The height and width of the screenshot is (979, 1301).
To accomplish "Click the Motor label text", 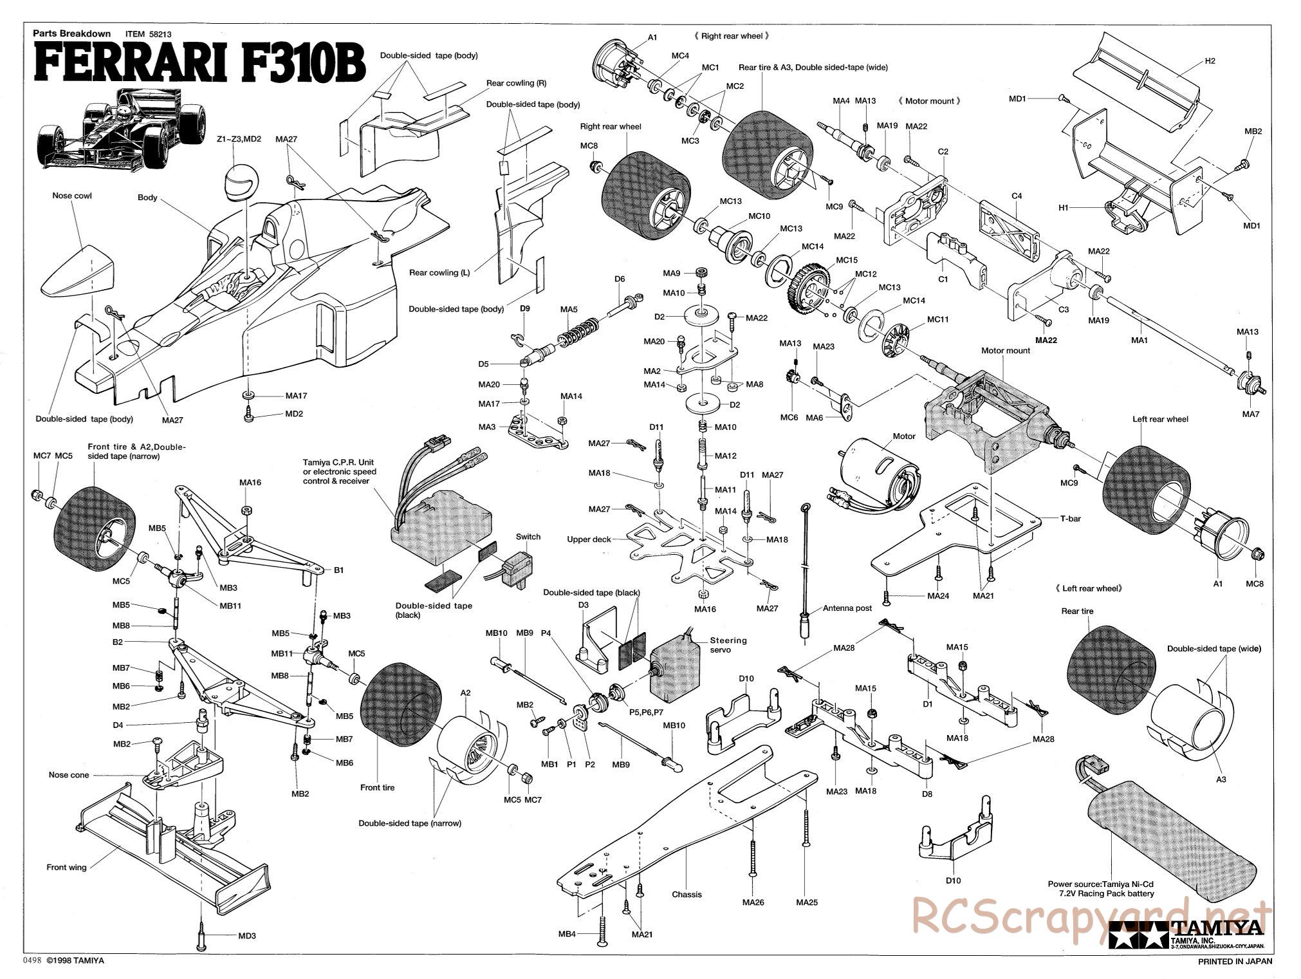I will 903,436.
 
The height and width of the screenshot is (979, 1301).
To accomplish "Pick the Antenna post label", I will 847,608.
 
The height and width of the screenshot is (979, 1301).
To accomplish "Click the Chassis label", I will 687,894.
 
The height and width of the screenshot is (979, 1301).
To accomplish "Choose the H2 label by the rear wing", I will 1210,61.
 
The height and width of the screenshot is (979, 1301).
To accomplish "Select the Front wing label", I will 66,867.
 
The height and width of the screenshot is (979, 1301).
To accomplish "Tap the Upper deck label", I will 588,539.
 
